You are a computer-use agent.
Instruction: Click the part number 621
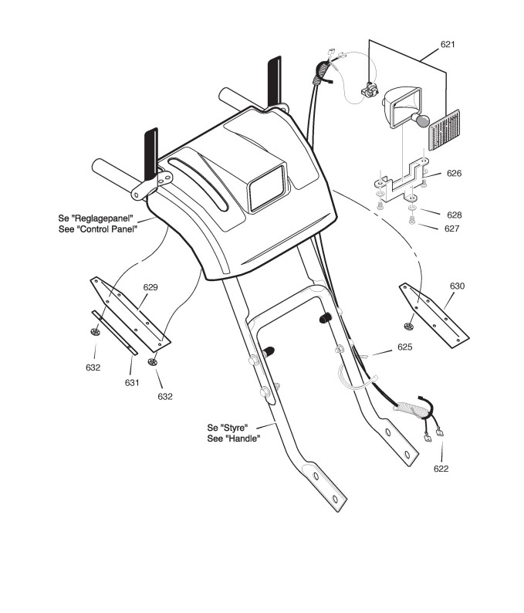click(x=448, y=45)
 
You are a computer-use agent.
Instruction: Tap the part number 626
click(x=454, y=174)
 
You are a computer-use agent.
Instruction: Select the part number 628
click(x=454, y=214)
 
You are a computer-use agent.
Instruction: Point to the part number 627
click(x=454, y=229)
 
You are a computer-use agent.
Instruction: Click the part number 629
click(x=150, y=287)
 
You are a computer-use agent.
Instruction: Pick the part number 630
click(x=458, y=286)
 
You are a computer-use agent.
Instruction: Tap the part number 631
click(x=132, y=382)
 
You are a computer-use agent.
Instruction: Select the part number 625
click(x=405, y=347)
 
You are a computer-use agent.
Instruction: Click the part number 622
click(x=441, y=469)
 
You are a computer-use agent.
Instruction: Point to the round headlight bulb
click(x=421, y=120)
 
